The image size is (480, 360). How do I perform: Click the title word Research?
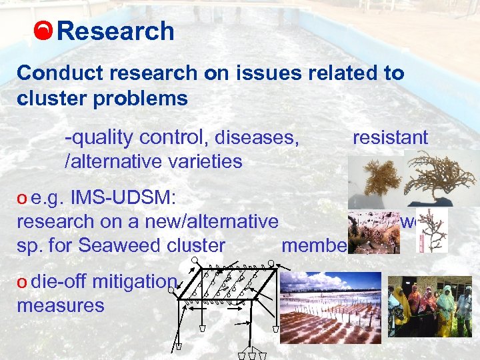pyautogui.click(x=116, y=31)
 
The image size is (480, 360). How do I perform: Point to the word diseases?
pyautogui.click(x=259, y=138)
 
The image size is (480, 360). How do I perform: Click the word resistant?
pyautogui.click(x=390, y=137)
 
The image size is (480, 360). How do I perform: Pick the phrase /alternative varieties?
pyautogui.click(x=153, y=161)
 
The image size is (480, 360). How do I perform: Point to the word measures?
pyautogui.click(x=61, y=305)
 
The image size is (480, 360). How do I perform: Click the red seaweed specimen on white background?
pyautogui.click(x=437, y=231)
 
